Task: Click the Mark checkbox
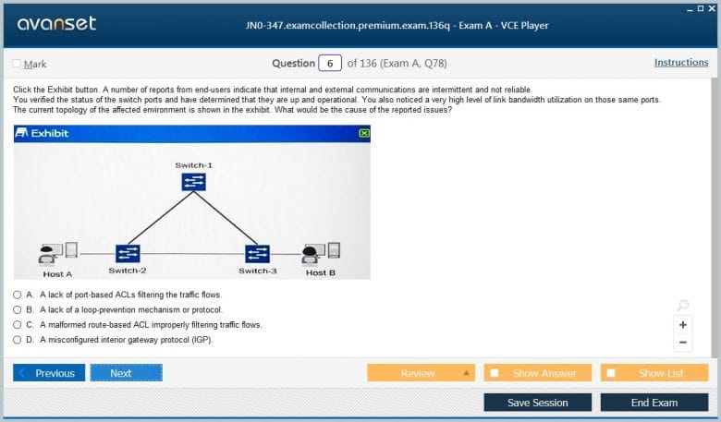click(17, 64)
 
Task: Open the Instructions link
click(681, 63)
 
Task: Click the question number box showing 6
click(330, 64)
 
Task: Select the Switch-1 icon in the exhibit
click(193, 182)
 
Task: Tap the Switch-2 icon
click(128, 253)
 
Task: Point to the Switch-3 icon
click(258, 254)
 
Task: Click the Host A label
click(57, 274)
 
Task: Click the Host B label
click(321, 272)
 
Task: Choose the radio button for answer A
click(17, 295)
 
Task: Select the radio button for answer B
click(17, 310)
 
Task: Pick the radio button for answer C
click(17, 325)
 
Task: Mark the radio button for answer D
click(17, 340)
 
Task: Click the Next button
click(127, 373)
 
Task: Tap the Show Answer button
click(538, 373)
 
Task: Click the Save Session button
click(538, 403)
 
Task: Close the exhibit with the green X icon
click(364, 133)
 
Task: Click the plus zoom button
click(683, 325)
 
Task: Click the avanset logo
click(56, 24)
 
